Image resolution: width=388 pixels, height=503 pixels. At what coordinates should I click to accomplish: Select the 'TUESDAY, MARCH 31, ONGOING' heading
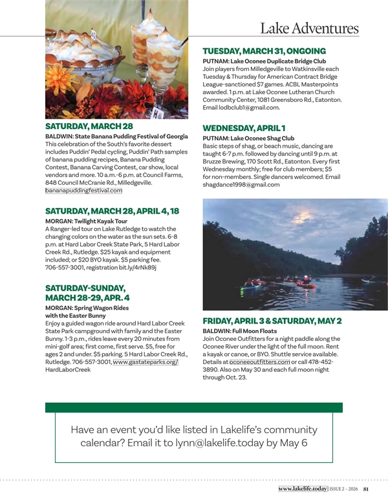click(264, 50)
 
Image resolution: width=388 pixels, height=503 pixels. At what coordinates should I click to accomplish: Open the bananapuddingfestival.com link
click(83, 191)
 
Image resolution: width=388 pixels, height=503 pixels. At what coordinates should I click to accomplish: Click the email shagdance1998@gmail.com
click(241, 185)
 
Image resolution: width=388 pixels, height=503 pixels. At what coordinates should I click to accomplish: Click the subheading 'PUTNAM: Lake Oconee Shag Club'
click(248, 138)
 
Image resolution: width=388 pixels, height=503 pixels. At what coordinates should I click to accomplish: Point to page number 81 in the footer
click(366, 489)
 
